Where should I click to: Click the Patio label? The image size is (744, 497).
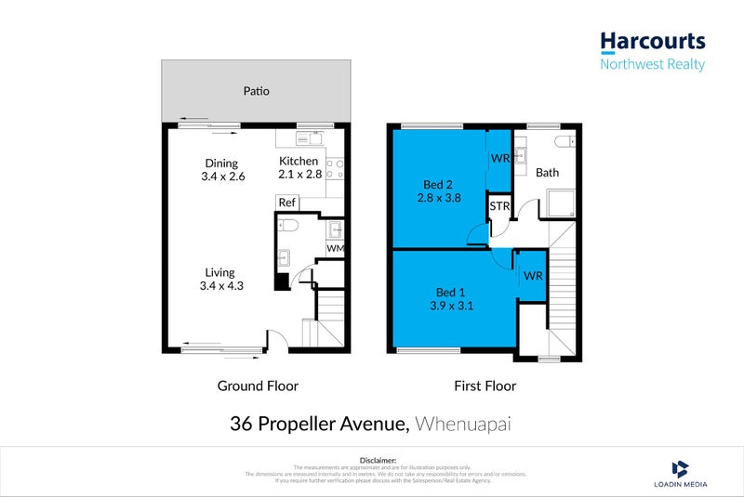click(257, 91)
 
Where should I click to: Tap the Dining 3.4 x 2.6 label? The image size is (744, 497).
click(222, 170)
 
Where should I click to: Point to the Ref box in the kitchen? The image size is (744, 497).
click(287, 203)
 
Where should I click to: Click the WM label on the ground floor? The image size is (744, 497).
click(335, 248)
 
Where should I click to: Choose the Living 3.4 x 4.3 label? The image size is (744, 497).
click(222, 279)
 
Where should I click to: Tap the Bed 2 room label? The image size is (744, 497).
click(439, 190)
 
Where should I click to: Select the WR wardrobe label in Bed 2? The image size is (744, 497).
click(499, 159)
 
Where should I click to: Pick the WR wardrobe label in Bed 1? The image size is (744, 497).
click(532, 276)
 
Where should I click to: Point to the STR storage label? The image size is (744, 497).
click(499, 206)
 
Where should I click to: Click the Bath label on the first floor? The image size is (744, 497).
click(548, 173)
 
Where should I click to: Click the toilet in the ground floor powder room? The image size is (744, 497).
click(288, 226)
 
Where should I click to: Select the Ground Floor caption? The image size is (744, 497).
click(258, 386)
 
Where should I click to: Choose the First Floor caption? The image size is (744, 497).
click(484, 386)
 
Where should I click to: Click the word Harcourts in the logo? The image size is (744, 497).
click(652, 42)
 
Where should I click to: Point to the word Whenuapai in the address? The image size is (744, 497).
click(464, 425)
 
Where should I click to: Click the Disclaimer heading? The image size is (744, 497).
click(378, 460)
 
